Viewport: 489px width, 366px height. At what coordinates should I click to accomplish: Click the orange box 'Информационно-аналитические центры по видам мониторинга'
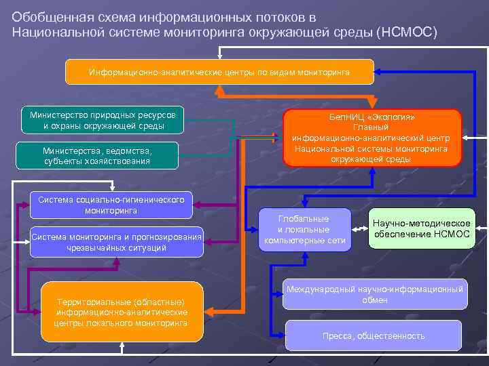point(219,72)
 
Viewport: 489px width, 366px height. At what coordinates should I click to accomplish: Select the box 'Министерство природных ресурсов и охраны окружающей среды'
point(103,120)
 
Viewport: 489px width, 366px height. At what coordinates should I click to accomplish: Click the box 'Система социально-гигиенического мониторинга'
point(111,205)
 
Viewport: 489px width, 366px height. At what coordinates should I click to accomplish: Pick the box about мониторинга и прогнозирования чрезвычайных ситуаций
point(116,242)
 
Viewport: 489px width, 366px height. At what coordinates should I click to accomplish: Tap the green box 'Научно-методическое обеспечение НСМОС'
point(421,228)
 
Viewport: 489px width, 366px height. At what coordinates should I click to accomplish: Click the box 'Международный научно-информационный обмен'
point(375,294)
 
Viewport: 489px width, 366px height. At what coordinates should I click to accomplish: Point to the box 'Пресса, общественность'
point(374,335)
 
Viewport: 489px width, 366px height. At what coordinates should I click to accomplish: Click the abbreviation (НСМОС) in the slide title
point(407,33)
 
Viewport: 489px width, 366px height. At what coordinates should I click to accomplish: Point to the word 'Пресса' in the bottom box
point(337,335)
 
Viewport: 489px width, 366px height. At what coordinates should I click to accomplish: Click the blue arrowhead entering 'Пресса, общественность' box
point(280,335)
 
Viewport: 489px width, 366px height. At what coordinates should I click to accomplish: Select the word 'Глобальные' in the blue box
point(304,219)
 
